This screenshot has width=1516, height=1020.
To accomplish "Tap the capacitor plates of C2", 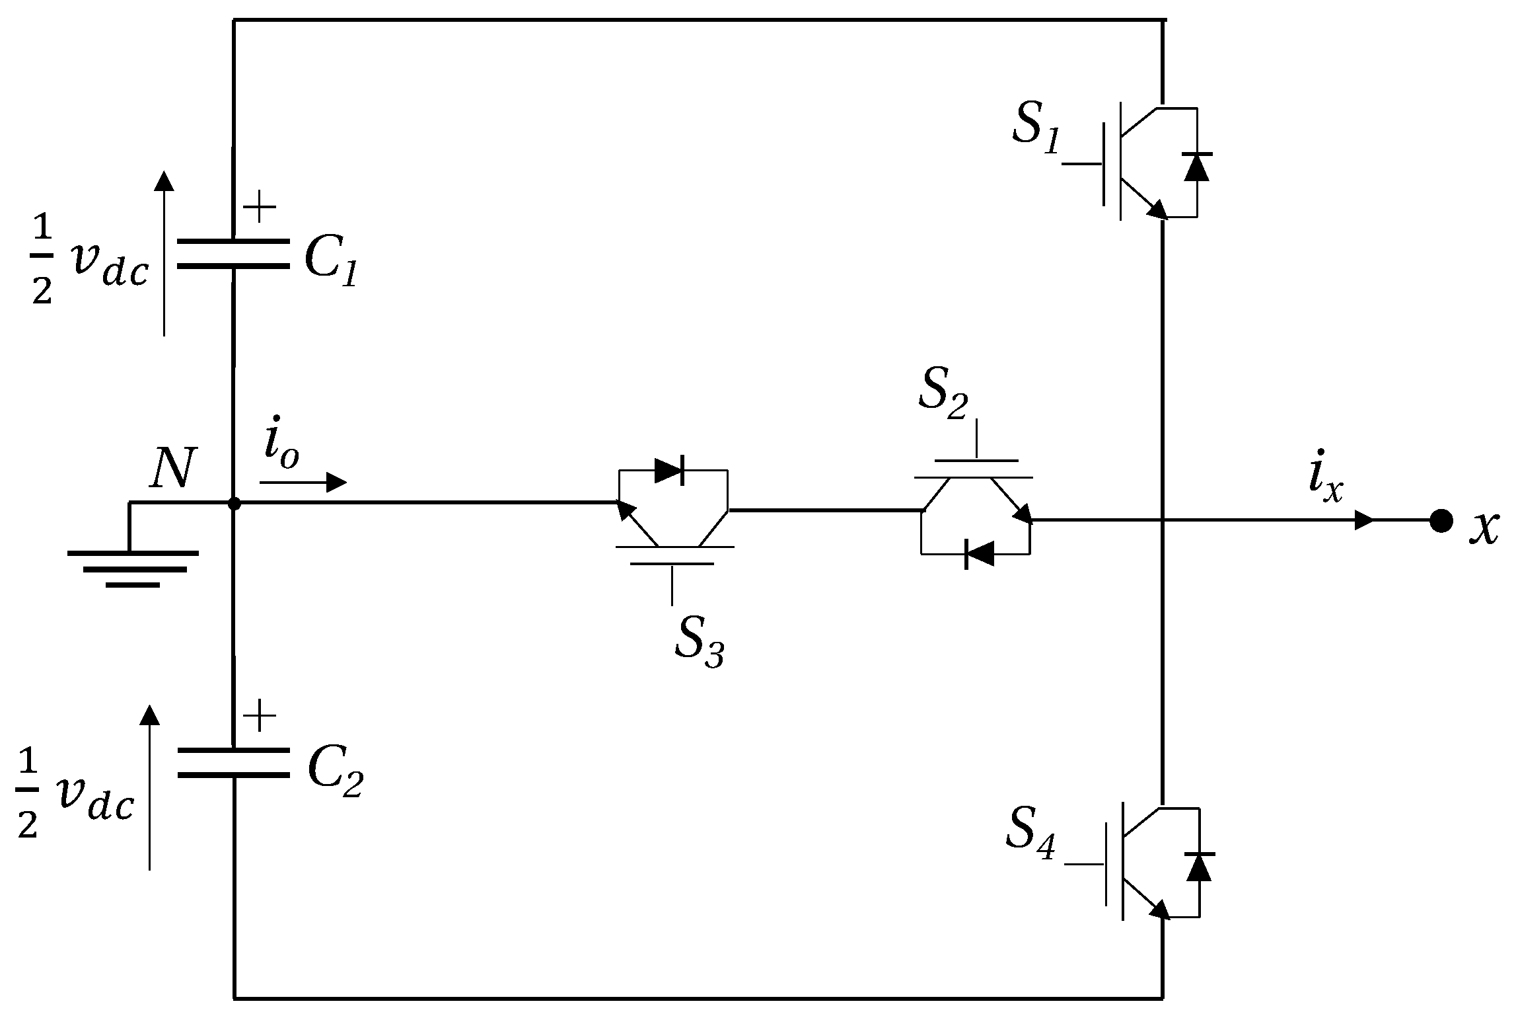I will [x=233, y=763].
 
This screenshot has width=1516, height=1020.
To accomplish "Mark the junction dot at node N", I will [x=233, y=504].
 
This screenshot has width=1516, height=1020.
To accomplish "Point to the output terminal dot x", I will [x=1441, y=521].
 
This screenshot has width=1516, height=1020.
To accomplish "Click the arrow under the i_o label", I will [x=303, y=483].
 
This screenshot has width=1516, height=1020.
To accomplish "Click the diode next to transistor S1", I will [x=1196, y=167].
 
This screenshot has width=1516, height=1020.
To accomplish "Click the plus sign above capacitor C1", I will [x=260, y=208].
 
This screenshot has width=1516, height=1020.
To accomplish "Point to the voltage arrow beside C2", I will [x=150, y=787].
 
